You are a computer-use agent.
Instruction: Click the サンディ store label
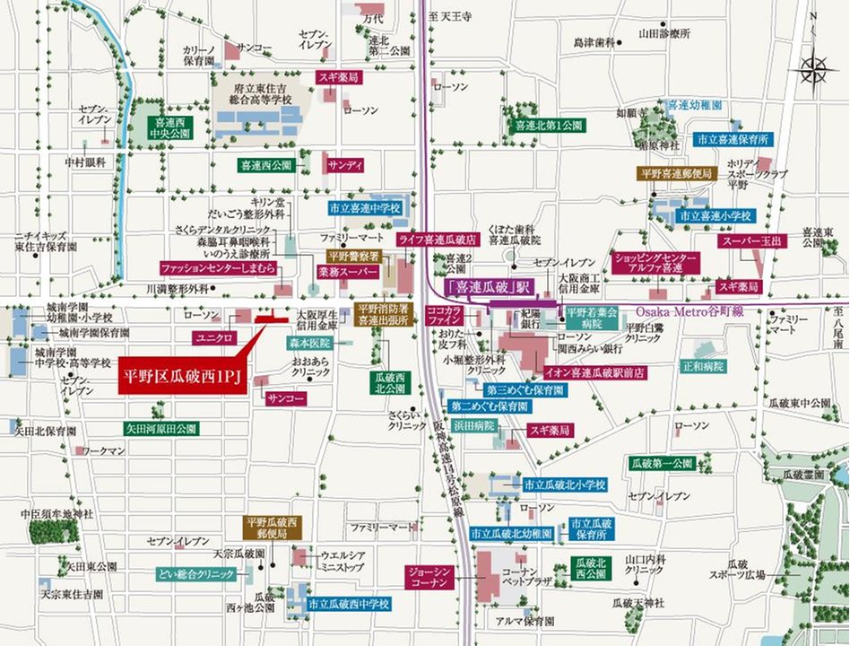pos(345,166)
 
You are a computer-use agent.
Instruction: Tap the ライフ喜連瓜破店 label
pos(438,240)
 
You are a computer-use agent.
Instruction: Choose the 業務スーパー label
pos(344,270)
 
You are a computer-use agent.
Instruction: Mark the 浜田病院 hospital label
pos(473,425)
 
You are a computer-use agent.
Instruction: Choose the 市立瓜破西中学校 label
pos(348,605)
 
